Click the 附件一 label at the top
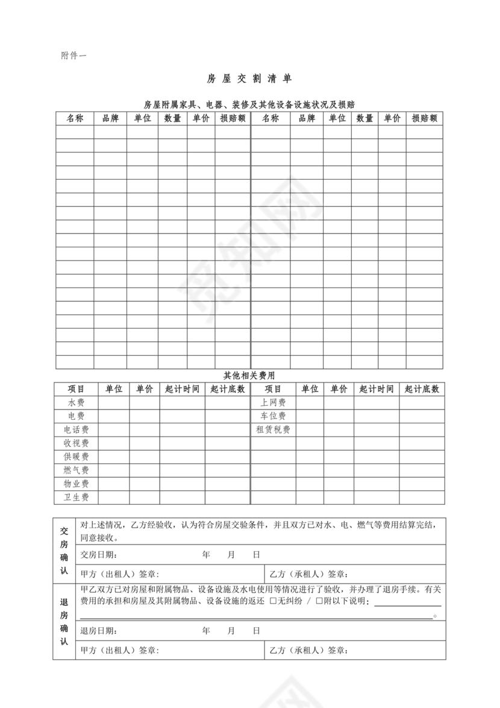coord(73,56)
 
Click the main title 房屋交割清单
coord(249,79)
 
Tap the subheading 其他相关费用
coord(249,375)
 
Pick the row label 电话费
coord(77,430)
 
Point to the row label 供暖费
coord(77,457)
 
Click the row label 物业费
coord(77,484)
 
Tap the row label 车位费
coord(273,416)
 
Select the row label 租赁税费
coord(273,430)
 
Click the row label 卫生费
coord(77,498)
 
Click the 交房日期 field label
coord(99,555)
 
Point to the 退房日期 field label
coord(99,631)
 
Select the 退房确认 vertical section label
coord(64,622)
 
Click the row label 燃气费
coord(77,470)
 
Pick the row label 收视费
coord(77,443)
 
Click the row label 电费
coord(77,416)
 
